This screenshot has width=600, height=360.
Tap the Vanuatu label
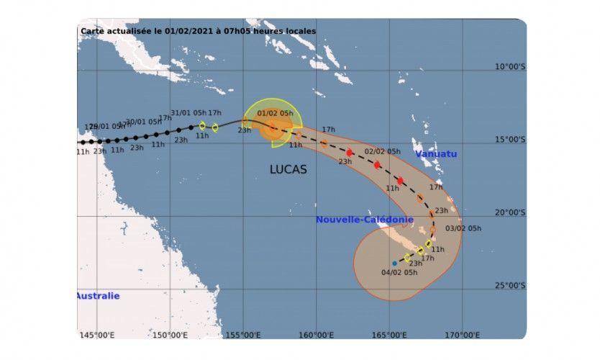436,154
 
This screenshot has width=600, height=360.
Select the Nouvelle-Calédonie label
365,220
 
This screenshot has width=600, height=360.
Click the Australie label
99,296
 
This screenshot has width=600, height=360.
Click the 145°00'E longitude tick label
96,335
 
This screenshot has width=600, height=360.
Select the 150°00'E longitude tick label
169,335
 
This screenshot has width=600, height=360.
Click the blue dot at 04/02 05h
394,264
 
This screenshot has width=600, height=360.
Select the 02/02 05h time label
383,151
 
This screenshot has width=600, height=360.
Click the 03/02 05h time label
463,228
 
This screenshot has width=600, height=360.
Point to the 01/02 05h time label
276,113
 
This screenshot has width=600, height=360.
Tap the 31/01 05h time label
189,112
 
